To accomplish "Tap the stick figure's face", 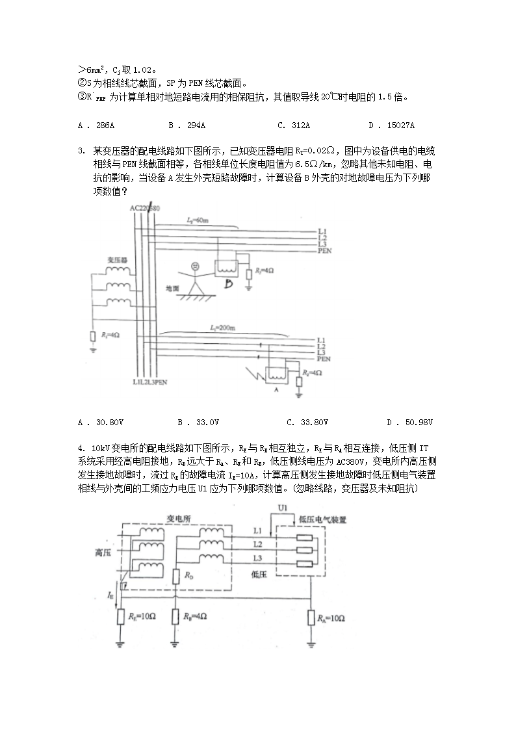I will coord(195,266).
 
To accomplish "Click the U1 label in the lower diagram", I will coord(283,507).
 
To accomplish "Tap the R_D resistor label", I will coord(188,575).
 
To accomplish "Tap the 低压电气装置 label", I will coord(322,520).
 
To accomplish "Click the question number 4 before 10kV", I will coord(81,448).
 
